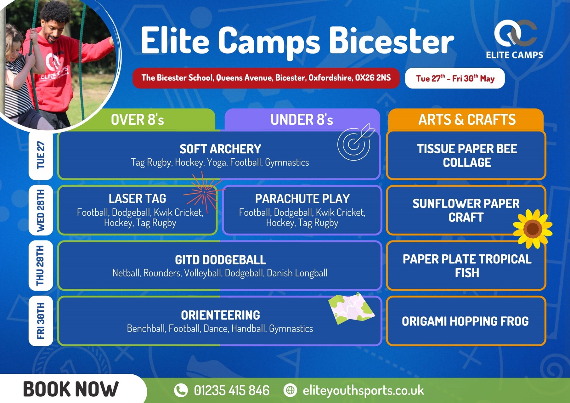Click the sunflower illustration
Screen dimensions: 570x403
click(x=533, y=229)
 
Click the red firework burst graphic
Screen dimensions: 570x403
click(x=203, y=192)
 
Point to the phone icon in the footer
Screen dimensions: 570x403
click(x=181, y=390)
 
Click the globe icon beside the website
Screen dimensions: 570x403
click(x=290, y=390)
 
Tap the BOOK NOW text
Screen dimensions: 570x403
click(x=71, y=389)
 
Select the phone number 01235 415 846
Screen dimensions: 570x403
click(x=232, y=390)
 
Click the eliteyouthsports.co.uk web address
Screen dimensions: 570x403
click(x=364, y=391)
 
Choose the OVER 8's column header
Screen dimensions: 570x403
click(x=137, y=120)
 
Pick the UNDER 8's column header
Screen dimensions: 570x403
click(x=302, y=120)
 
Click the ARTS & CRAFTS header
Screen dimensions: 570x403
click(x=467, y=120)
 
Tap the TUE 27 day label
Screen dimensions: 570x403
click(x=41, y=155)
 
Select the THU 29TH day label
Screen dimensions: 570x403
click(x=41, y=265)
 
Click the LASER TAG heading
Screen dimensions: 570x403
click(x=137, y=199)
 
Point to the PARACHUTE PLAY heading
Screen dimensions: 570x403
click(x=302, y=199)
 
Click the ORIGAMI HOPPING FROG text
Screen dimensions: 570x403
click(x=465, y=321)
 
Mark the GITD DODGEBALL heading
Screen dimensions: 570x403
click(x=220, y=260)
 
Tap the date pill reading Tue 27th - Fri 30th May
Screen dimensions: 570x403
click(x=455, y=78)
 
